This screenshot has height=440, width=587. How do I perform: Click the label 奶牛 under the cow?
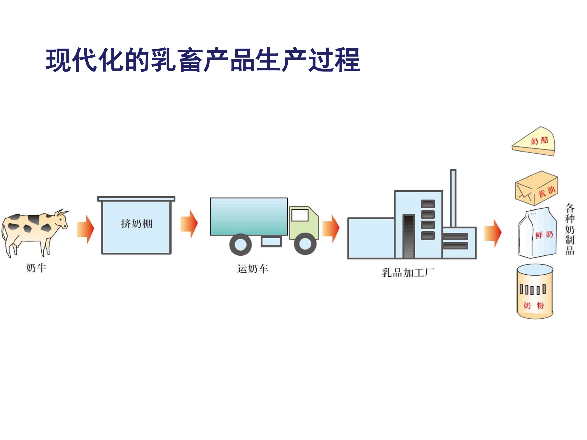point(36,268)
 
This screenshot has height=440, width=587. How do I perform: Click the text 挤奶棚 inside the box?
point(136,224)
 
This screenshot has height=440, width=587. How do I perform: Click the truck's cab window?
point(300,215)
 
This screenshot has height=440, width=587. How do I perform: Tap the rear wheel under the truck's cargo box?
point(241,244)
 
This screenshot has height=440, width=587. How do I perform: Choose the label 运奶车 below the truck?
point(252,269)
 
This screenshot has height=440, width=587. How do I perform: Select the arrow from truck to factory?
point(331,228)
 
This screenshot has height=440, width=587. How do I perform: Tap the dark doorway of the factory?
point(409,236)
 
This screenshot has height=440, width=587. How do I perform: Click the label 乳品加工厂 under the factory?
point(408,272)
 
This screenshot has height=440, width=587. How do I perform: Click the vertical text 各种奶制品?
point(569,229)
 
